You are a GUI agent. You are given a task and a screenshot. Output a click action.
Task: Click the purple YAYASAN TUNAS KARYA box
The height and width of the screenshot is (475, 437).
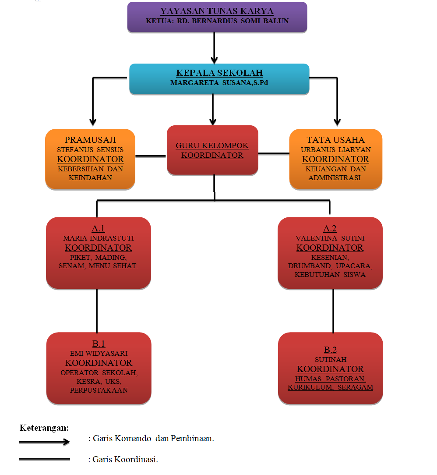(x=217, y=17)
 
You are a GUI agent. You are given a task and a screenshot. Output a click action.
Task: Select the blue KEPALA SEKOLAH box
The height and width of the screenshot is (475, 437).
(x=219, y=78)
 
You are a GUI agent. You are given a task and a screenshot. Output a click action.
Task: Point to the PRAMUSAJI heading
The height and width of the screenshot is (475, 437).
(x=90, y=140)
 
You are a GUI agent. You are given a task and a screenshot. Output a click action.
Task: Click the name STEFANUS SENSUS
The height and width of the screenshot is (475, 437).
(x=90, y=150)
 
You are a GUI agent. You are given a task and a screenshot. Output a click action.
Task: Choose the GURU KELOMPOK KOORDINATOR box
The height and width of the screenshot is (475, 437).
(x=212, y=150)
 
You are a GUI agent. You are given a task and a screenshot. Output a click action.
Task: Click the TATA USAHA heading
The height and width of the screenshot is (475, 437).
(x=335, y=140)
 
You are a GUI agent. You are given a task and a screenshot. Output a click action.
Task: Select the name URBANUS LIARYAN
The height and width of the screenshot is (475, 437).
(x=335, y=150)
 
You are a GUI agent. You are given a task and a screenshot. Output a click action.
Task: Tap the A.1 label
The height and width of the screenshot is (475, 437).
(x=99, y=228)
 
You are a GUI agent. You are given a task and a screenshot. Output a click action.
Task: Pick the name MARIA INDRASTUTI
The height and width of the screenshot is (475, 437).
(x=99, y=238)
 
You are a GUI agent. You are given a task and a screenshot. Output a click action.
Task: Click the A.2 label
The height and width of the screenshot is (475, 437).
(x=330, y=228)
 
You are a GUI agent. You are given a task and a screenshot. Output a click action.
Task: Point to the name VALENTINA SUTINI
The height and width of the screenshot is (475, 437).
(x=330, y=238)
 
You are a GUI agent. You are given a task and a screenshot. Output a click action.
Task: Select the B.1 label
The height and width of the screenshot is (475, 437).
(x=99, y=344)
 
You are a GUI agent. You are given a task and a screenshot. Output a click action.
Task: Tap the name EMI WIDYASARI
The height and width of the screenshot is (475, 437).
(x=99, y=354)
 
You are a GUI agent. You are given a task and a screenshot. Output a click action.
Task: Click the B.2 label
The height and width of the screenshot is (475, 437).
(x=330, y=350)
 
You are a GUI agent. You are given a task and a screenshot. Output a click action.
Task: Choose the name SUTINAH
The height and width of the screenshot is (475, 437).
(x=330, y=359)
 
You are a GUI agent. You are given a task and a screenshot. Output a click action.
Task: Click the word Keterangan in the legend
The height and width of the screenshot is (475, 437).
(x=44, y=428)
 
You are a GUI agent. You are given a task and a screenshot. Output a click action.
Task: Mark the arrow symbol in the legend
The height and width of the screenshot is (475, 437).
(x=44, y=442)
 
